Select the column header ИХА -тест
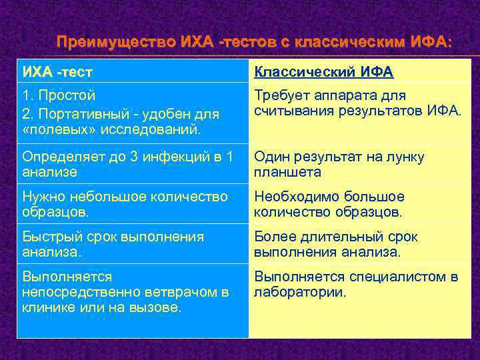point(57,71)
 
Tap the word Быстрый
point(49,237)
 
